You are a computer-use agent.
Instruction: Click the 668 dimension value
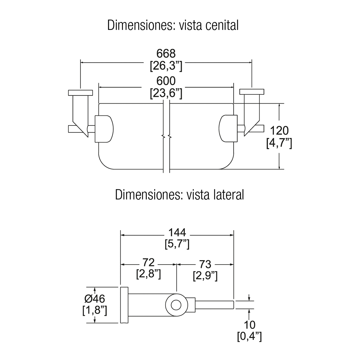[x=166, y=54]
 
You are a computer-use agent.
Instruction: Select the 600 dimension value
[x=166, y=81]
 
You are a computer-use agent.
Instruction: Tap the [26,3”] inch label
[x=166, y=66]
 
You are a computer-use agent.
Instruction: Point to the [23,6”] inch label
[x=166, y=93]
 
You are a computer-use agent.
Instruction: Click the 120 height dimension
[x=279, y=131]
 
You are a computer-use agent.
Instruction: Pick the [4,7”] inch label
[x=279, y=143]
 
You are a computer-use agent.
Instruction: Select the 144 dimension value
[x=177, y=232]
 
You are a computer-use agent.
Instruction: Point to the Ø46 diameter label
[x=95, y=298]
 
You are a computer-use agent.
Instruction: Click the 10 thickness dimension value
[x=249, y=325]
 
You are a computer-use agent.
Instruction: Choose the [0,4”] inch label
[x=249, y=337]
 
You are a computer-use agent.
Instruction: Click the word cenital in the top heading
[x=222, y=26]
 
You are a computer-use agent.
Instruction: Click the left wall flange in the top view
[x=81, y=92]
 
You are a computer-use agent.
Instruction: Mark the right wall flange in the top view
[x=252, y=92]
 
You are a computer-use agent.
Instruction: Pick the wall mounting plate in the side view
[x=124, y=305]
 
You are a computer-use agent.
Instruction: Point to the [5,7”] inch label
[x=177, y=244]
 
